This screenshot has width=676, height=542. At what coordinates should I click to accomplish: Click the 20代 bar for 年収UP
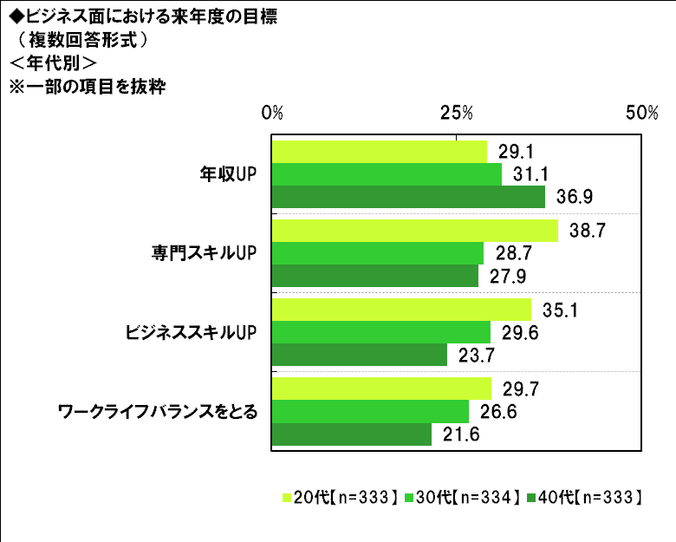(380, 152)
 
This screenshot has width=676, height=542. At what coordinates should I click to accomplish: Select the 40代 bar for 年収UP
(408, 197)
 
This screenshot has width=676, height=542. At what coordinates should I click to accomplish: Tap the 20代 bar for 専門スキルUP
(415, 231)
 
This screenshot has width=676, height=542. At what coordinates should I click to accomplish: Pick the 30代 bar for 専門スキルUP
(378, 253)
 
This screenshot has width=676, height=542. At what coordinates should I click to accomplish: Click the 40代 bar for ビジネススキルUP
(360, 355)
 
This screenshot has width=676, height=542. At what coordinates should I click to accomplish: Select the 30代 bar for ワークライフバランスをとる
(371, 411)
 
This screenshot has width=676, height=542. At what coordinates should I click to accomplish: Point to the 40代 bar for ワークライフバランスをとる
(352, 434)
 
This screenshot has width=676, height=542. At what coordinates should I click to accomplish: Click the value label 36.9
(574, 197)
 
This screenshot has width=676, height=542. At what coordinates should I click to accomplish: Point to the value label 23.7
(476, 356)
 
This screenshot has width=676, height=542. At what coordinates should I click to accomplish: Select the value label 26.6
(497, 411)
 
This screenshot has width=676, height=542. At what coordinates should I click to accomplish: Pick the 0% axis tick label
(272, 114)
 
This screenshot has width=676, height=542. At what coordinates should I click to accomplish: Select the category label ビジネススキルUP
(193, 332)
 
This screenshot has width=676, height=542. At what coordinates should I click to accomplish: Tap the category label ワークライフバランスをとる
(157, 411)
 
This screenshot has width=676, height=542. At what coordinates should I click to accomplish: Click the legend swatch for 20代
(287, 498)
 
